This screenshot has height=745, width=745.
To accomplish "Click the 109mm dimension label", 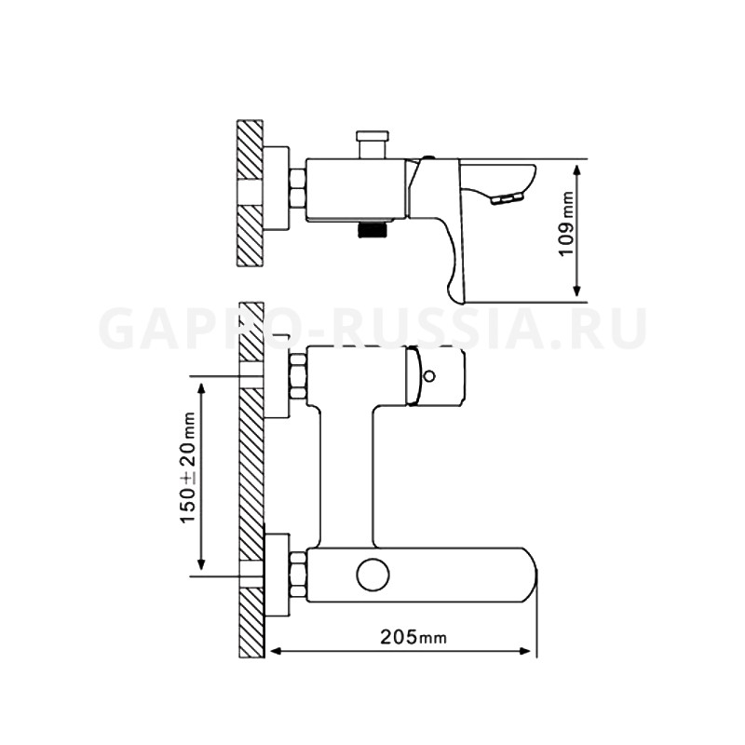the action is [x=566, y=223].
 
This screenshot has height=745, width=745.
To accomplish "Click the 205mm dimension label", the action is [x=413, y=637].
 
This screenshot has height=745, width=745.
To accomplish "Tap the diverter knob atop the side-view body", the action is [x=372, y=144].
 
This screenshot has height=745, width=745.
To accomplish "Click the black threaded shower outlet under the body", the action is [x=372, y=230].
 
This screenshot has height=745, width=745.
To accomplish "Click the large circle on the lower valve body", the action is [x=372, y=575].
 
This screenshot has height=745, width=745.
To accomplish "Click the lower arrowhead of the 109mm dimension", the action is [x=576, y=291].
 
